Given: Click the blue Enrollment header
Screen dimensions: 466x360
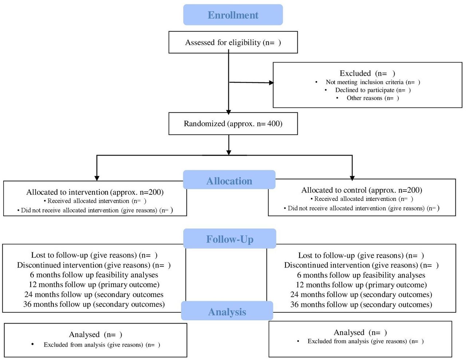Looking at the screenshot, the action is click(x=233, y=15).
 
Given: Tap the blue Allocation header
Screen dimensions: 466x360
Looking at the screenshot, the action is click(x=229, y=180).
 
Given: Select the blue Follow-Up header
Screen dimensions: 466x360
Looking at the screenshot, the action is click(x=230, y=238).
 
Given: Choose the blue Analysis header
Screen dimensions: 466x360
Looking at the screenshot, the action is click(x=227, y=311).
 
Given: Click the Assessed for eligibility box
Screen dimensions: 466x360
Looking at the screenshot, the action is click(x=233, y=42).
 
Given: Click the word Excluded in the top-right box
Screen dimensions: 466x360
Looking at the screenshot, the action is click(x=355, y=73).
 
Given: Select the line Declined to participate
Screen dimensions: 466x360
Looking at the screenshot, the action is click(x=373, y=90).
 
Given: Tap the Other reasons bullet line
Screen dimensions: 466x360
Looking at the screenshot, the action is click(x=373, y=98).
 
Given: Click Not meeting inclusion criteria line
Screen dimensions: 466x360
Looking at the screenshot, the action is click(x=373, y=82).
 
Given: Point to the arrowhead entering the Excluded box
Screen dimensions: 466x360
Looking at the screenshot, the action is click(x=272, y=83).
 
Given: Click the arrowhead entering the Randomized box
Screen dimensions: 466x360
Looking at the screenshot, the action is click(x=229, y=112).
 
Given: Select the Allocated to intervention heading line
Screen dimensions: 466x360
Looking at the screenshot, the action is click(x=95, y=192).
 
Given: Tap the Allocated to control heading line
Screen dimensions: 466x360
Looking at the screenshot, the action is click(x=362, y=190).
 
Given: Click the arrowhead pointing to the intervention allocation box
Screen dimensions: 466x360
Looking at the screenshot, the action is click(x=97, y=178).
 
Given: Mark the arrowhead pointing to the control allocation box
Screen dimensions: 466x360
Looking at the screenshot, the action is click(x=352, y=178).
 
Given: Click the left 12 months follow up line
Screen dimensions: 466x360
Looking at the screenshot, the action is click(x=94, y=285).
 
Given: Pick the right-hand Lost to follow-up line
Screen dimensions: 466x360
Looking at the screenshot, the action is click(x=361, y=256).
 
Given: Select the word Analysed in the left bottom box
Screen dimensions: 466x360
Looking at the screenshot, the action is click(x=84, y=334).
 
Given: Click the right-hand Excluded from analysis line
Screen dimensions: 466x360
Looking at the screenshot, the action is click(x=366, y=341).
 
